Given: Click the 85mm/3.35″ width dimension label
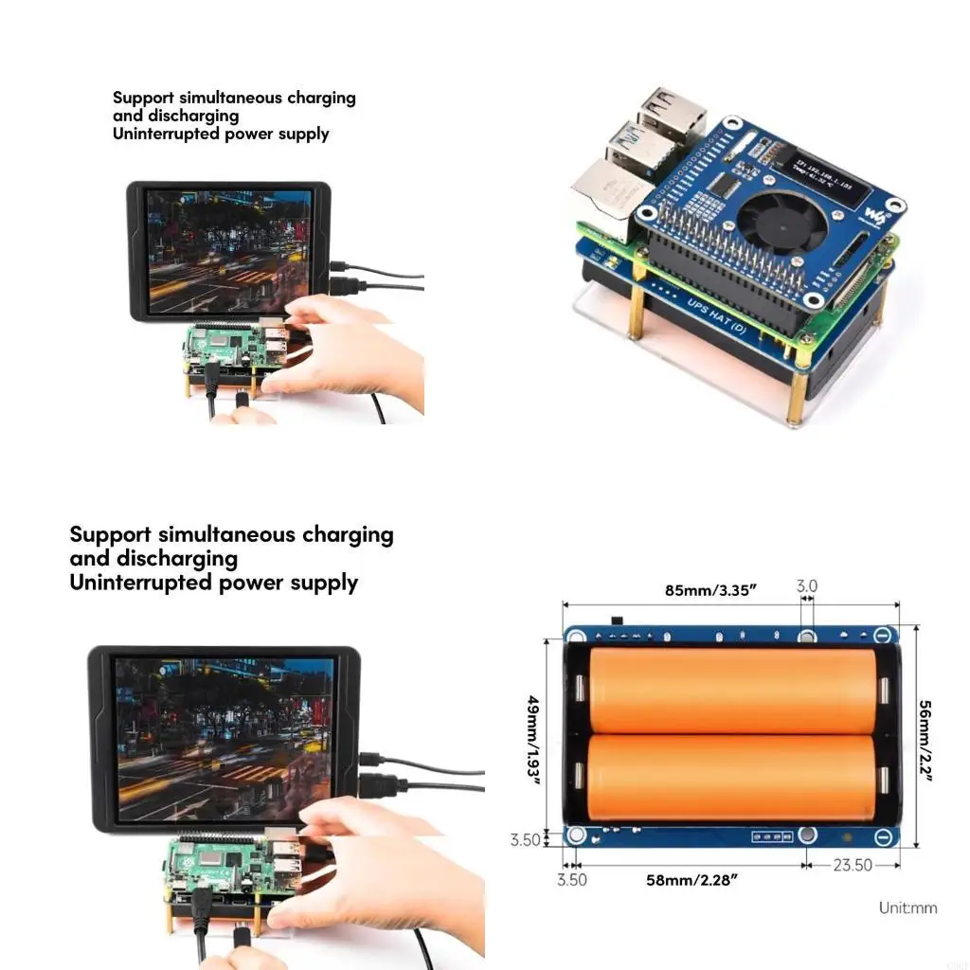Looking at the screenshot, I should pos(710,590).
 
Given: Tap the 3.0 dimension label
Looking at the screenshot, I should pos(806,586).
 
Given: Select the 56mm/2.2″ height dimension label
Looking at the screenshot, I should pos(925,741).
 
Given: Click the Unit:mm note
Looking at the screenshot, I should pos(907,907).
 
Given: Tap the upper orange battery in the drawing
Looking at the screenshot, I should pos(732,691).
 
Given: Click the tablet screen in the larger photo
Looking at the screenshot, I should pos(224,739).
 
